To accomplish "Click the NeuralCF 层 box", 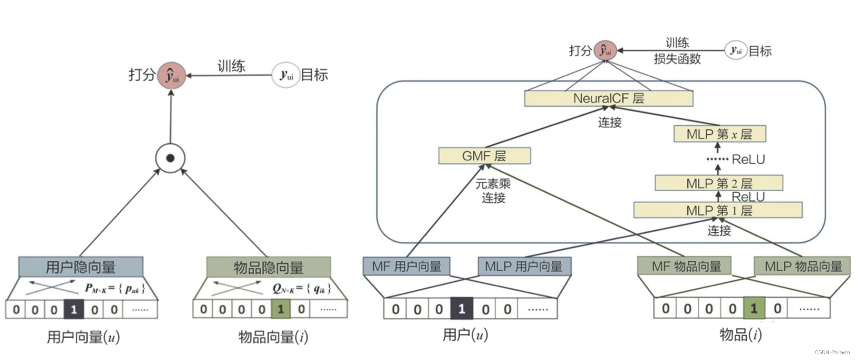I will pos(608,98).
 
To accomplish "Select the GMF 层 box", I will pos(484,156).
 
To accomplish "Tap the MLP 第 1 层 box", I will pos(718,210).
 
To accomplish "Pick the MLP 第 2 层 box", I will pos(718,183).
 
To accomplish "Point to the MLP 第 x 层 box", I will pos(719,134).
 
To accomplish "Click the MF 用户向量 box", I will pos(406,266).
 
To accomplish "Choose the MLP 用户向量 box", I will pos(524,266).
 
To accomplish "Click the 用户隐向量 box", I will pos(81,267).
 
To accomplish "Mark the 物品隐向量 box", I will pos(268,267).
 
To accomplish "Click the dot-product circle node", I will pos(170,158).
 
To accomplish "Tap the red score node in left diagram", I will pos(171,75).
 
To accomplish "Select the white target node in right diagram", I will pos(736,51).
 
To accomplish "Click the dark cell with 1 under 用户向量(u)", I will pos(74,309).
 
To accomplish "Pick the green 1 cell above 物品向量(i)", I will pos(280,309).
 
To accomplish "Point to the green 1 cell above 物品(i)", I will pos(754,309).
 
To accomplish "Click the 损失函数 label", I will pos(677,59).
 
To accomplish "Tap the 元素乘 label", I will pos(493,184).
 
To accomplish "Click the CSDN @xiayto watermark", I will pos(832,353).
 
